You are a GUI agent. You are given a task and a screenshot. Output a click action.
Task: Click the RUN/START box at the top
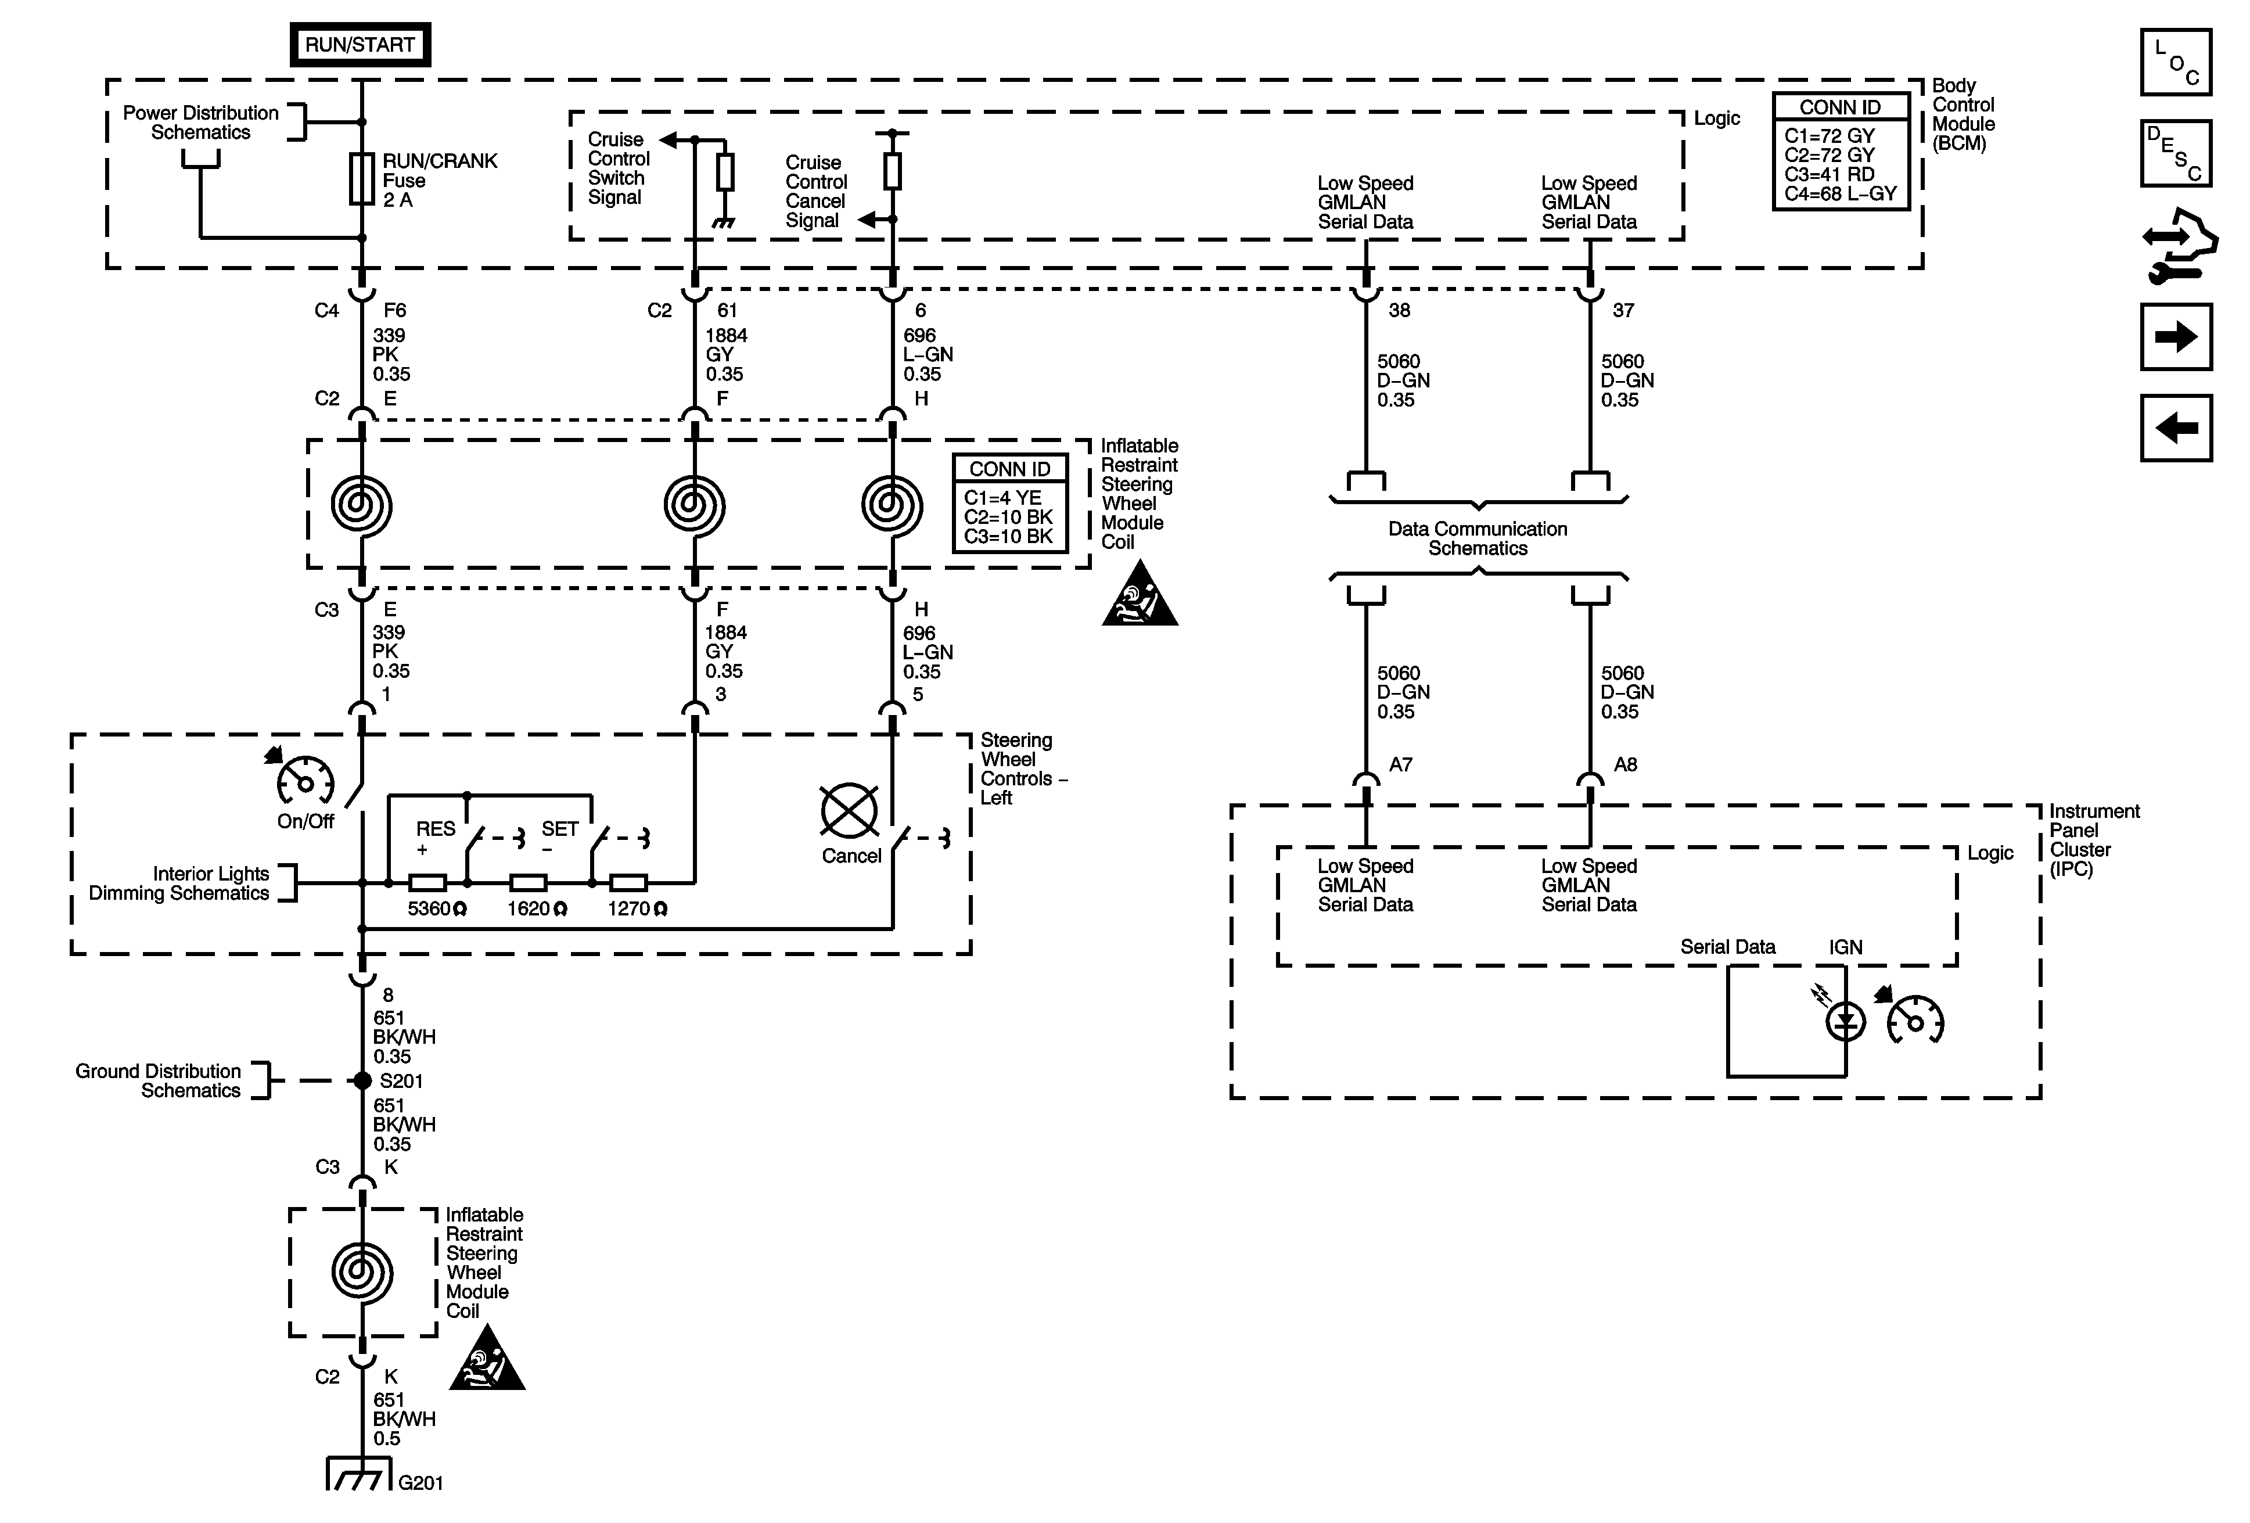click(360, 45)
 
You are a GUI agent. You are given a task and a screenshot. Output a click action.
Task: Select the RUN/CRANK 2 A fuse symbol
click(362, 178)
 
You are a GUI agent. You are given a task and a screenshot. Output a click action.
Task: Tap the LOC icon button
click(2176, 62)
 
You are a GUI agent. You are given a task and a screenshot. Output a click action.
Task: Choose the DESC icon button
click(2176, 153)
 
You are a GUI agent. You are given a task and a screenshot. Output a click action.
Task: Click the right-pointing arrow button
click(2176, 337)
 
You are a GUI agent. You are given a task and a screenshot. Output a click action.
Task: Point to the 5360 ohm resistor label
click(437, 909)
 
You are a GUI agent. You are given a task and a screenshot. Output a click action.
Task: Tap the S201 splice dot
click(362, 1080)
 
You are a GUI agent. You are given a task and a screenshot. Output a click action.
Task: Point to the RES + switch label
click(434, 839)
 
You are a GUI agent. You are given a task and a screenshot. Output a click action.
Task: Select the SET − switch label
click(559, 839)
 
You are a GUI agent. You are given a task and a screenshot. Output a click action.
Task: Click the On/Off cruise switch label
click(305, 821)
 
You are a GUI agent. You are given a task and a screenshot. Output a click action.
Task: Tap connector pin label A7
click(1400, 765)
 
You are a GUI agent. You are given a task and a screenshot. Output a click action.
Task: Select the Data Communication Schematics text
click(1478, 538)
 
